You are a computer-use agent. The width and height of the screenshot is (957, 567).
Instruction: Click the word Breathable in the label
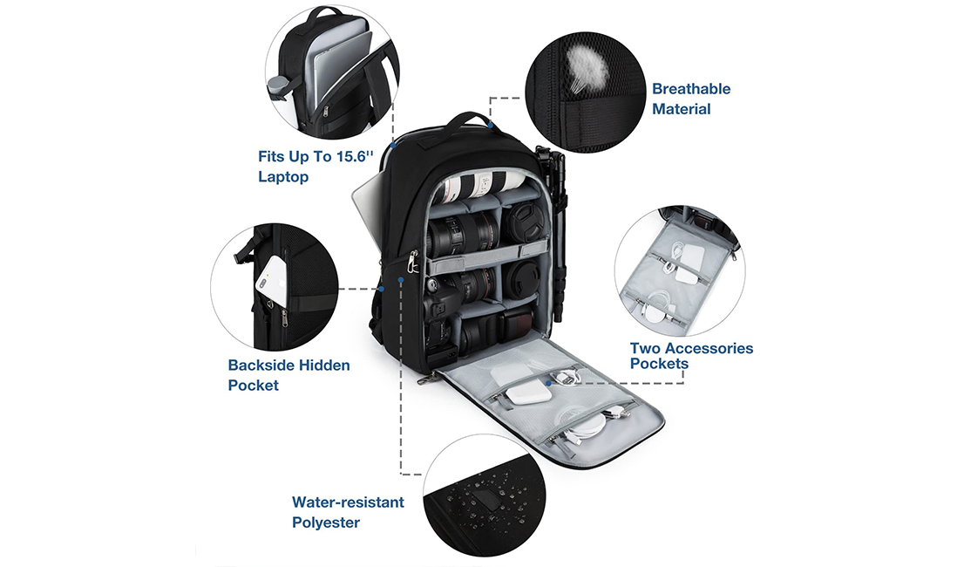click(x=691, y=89)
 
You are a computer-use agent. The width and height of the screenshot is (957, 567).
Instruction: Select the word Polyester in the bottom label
click(x=326, y=523)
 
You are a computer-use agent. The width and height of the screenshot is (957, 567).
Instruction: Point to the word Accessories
click(x=709, y=348)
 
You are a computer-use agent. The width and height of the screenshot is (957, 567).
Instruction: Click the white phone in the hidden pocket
click(x=272, y=280)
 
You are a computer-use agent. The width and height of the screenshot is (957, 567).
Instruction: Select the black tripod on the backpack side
click(x=551, y=232)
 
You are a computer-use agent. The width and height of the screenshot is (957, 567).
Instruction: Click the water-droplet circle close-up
click(x=482, y=495)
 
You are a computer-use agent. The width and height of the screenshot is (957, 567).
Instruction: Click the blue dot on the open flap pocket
click(x=549, y=383)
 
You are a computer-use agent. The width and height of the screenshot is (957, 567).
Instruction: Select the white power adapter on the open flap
click(x=529, y=392)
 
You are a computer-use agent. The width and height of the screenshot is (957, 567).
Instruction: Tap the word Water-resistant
click(x=348, y=502)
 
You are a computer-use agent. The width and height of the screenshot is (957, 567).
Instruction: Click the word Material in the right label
click(x=681, y=109)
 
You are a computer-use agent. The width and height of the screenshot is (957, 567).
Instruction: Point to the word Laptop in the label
click(x=283, y=176)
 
